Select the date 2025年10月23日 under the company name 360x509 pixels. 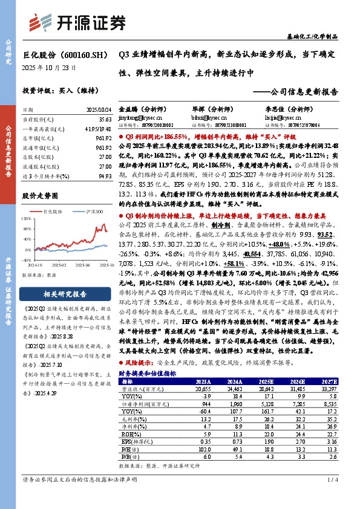click(49, 68)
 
